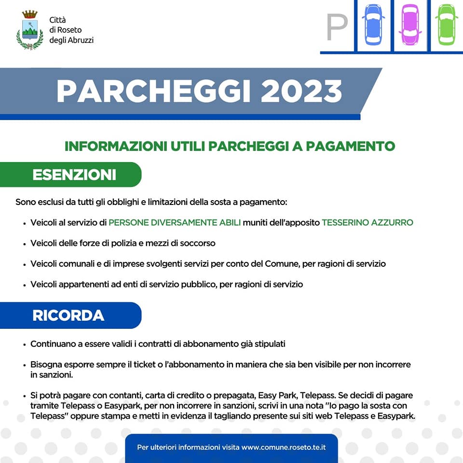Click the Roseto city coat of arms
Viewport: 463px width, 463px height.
coord(30,30)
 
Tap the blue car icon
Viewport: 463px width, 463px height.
coord(373,25)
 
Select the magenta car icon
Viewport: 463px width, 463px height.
coord(410,25)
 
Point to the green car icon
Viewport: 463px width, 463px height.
coord(447,25)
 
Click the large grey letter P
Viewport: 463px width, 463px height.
coord(337,27)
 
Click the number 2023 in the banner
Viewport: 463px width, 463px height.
coord(301,91)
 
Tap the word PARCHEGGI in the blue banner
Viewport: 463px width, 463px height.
coord(154,91)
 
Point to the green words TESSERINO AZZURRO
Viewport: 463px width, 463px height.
coord(368,222)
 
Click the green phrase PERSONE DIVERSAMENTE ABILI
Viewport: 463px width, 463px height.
coord(175,222)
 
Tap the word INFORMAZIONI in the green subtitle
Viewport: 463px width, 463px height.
coord(116,146)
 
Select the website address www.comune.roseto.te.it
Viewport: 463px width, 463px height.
coord(284,447)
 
